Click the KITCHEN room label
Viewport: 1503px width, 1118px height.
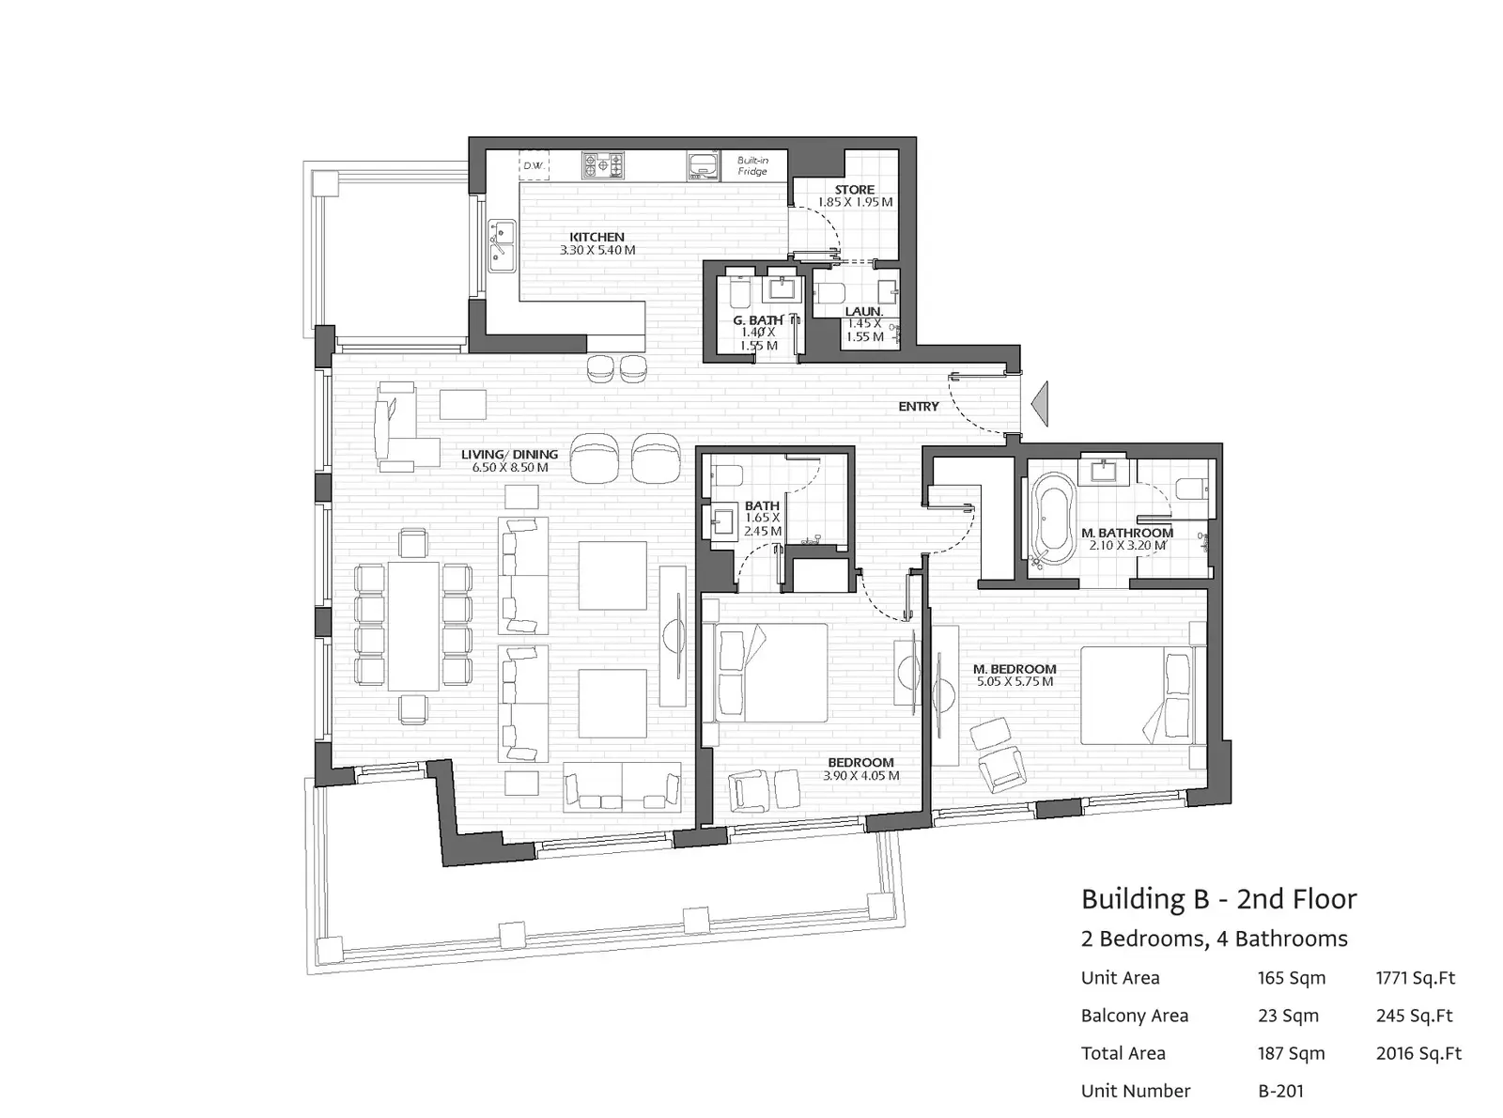pyautogui.click(x=597, y=237)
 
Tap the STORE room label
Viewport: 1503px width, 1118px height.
pyautogui.click(x=854, y=190)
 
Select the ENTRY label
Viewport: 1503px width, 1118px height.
pyautogui.click(x=918, y=406)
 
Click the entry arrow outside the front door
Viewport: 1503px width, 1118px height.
pyautogui.click(x=1040, y=404)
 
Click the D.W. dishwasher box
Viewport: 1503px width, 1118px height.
pyautogui.click(x=534, y=165)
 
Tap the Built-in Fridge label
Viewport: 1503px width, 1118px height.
pyautogui.click(x=752, y=166)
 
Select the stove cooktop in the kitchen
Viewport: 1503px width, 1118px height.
pyautogui.click(x=602, y=164)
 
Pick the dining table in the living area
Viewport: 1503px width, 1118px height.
pyautogui.click(x=413, y=625)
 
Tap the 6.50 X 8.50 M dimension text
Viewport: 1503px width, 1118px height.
pyautogui.click(x=509, y=467)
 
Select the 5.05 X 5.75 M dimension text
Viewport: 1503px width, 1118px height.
pyautogui.click(x=1015, y=681)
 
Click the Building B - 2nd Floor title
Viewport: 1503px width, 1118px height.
pyautogui.click(x=1218, y=899)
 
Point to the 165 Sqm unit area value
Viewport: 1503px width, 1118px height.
pyautogui.click(x=1292, y=978)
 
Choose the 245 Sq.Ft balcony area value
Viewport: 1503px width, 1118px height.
pyautogui.click(x=1415, y=1016)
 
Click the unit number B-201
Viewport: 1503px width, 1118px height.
pyautogui.click(x=1280, y=1091)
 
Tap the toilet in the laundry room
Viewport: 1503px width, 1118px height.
pyautogui.click(x=829, y=293)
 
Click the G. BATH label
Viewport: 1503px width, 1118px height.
pyautogui.click(x=757, y=320)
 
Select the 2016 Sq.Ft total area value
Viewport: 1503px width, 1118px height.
pyautogui.click(x=1418, y=1053)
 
